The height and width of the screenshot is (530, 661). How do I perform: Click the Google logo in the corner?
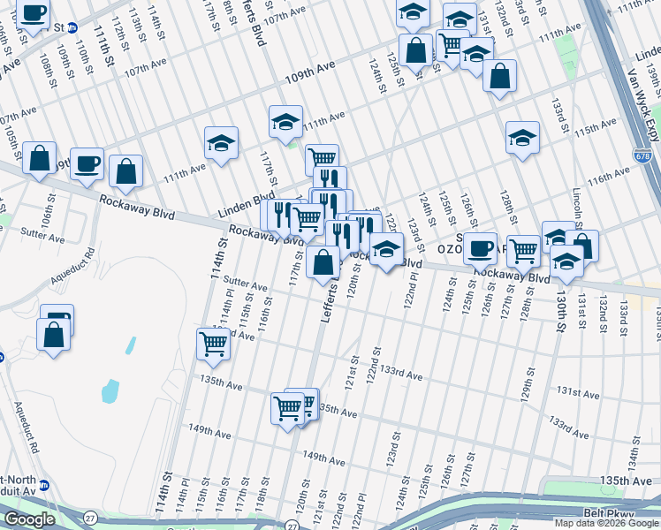pyautogui.click(x=29, y=519)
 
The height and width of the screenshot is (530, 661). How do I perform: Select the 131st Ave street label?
pyautogui.click(x=578, y=390)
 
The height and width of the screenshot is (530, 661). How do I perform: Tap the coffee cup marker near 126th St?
pyautogui.click(x=481, y=247)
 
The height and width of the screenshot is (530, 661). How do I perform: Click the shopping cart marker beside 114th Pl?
pyautogui.click(x=214, y=342)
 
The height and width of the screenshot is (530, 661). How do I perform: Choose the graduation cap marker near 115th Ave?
pyautogui.click(x=523, y=137)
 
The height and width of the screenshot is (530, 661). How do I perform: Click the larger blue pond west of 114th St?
pyautogui.click(x=110, y=390)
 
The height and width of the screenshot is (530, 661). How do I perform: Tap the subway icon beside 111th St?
pyautogui.click(x=72, y=27)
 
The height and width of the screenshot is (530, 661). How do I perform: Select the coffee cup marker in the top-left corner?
pyautogui.click(x=34, y=13)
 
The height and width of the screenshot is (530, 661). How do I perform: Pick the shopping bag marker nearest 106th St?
pyautogui.click(x=40, y=159)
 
